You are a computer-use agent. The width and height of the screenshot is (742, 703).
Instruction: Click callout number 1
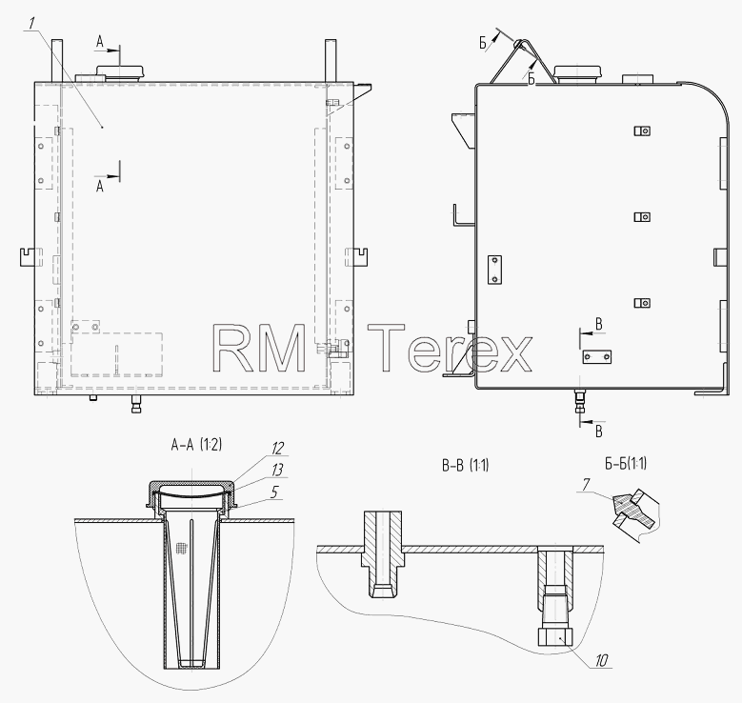[x=30, y=24]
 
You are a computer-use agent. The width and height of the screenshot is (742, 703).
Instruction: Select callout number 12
[x=278, y=449]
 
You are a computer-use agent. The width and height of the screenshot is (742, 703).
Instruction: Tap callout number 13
[x=277, y=470]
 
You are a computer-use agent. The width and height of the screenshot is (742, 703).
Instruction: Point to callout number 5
[x=274, y=492]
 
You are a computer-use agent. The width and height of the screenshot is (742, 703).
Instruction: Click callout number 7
[x=586, y=485]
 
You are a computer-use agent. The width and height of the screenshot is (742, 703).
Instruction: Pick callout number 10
[x=601, y=660]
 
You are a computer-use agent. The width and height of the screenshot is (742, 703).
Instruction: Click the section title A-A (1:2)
[x=196, y=445]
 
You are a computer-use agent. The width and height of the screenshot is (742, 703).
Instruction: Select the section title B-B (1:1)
[x=465, y=466]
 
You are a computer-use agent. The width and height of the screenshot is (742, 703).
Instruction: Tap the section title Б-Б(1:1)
[x=626, y=463]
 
